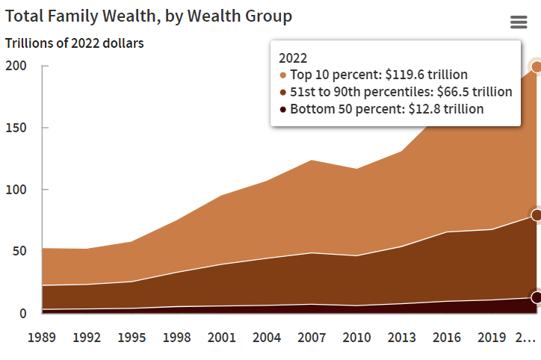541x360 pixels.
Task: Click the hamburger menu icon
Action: pos(519,22)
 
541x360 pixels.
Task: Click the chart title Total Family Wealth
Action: pos(149,16)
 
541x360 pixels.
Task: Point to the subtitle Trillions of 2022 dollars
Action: pos(75,43)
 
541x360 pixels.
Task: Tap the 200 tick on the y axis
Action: pos(17,66)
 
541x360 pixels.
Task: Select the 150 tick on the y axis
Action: pos(17,128)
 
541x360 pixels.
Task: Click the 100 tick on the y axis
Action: pos(17,190)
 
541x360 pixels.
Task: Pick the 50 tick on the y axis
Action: pos(20,251)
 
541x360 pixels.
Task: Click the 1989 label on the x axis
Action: pos(42,337)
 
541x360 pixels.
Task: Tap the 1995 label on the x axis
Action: pos(132,337)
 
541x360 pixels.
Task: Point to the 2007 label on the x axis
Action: pos(312,337)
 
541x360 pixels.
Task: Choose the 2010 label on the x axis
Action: pos(356,337)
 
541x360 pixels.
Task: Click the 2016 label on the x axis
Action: pos(447,337)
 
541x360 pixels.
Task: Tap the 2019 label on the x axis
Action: pos(492,337)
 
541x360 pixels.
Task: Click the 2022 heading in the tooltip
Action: pos(293,58)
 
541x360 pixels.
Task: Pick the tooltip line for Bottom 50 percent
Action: pos(386,109)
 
